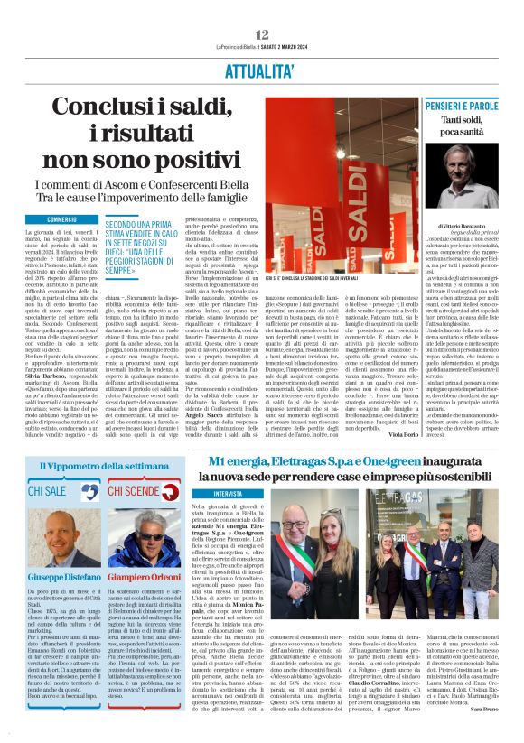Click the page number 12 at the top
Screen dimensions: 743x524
[x=262, y=34]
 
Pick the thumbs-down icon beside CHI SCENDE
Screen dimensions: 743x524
[x=180, y=491]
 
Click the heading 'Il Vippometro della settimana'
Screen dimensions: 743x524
[x=103, y=465]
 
